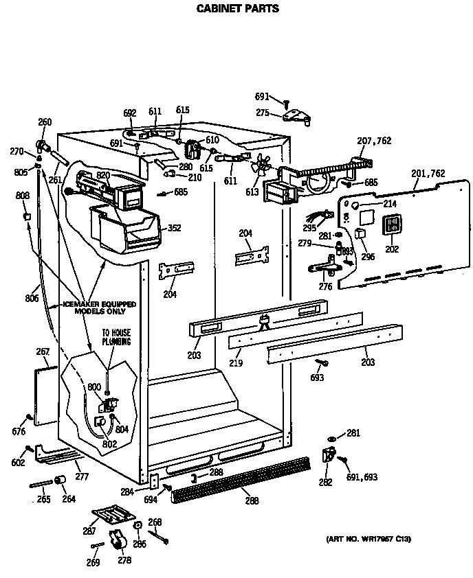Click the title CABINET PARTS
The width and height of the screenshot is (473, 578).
point(238,9)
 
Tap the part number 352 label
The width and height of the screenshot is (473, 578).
point(175,228)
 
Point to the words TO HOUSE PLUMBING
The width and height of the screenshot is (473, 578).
point(116,336)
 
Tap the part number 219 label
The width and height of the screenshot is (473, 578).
point(236,362)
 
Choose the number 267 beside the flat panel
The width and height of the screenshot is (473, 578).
point(43,352)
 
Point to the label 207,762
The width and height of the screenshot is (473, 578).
point(374,141)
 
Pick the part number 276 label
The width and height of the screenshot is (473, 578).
point(326,287)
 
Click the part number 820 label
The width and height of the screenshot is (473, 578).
point(103,176)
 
